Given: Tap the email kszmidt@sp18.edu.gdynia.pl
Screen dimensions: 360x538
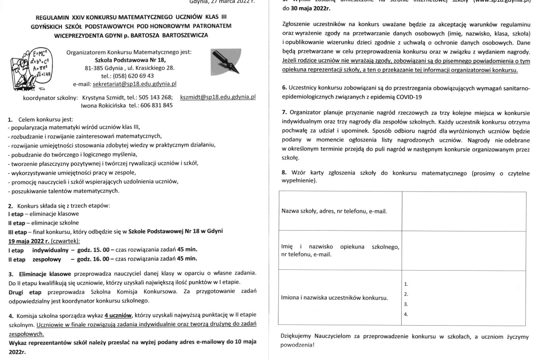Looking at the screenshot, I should point(218,97).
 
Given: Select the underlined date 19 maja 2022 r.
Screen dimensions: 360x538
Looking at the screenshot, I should point(29,241).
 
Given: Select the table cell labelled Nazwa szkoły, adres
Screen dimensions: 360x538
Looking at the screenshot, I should point(334,211).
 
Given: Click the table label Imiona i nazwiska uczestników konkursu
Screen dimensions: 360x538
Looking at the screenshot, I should point(335,298).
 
